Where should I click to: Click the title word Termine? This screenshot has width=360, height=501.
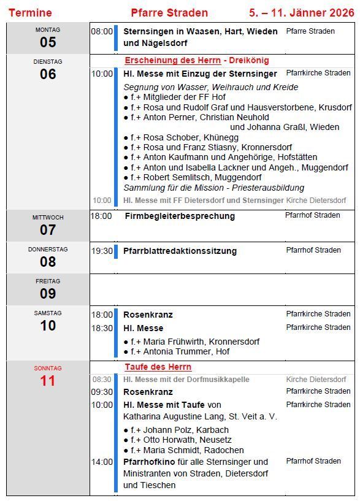[30, 13]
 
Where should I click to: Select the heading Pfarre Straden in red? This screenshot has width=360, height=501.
[169, 13]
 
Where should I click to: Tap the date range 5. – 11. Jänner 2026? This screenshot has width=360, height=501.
[301, 13]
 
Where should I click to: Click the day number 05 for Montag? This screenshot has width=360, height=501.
[48, 42]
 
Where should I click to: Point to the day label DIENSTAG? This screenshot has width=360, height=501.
[48, 62]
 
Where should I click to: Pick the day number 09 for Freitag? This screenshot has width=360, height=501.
[48, 294]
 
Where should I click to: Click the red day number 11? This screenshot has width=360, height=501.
[48, 381]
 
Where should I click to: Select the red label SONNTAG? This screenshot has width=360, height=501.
[48, 369]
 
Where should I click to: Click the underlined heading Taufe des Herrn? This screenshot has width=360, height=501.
[158, 367]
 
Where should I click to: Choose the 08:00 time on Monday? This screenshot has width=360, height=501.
[102, 31]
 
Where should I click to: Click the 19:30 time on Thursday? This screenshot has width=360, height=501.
[102, 251]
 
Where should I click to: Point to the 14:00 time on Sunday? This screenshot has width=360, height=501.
[102, 462]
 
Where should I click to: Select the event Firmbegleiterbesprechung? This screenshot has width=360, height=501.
[180, 216]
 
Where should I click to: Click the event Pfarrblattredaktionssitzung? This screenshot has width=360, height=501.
[180, 251]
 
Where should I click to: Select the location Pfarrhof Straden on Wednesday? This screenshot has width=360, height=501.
[312, 216]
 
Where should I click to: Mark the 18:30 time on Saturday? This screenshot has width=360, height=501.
[102, 328]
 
